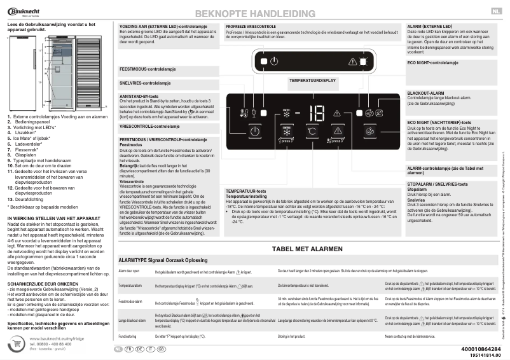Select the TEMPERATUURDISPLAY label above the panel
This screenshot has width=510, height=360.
pyautogui.click(x=312, y=81)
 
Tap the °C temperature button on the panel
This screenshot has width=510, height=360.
pyautogui.click(x=312, y=132)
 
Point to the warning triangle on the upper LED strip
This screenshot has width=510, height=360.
pyautogui.click(x=354, y=61)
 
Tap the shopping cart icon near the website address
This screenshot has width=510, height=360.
pyautogui.click(x=17, y=343)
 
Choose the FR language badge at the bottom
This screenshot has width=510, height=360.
pyautogui.click(x=128, y=349)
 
